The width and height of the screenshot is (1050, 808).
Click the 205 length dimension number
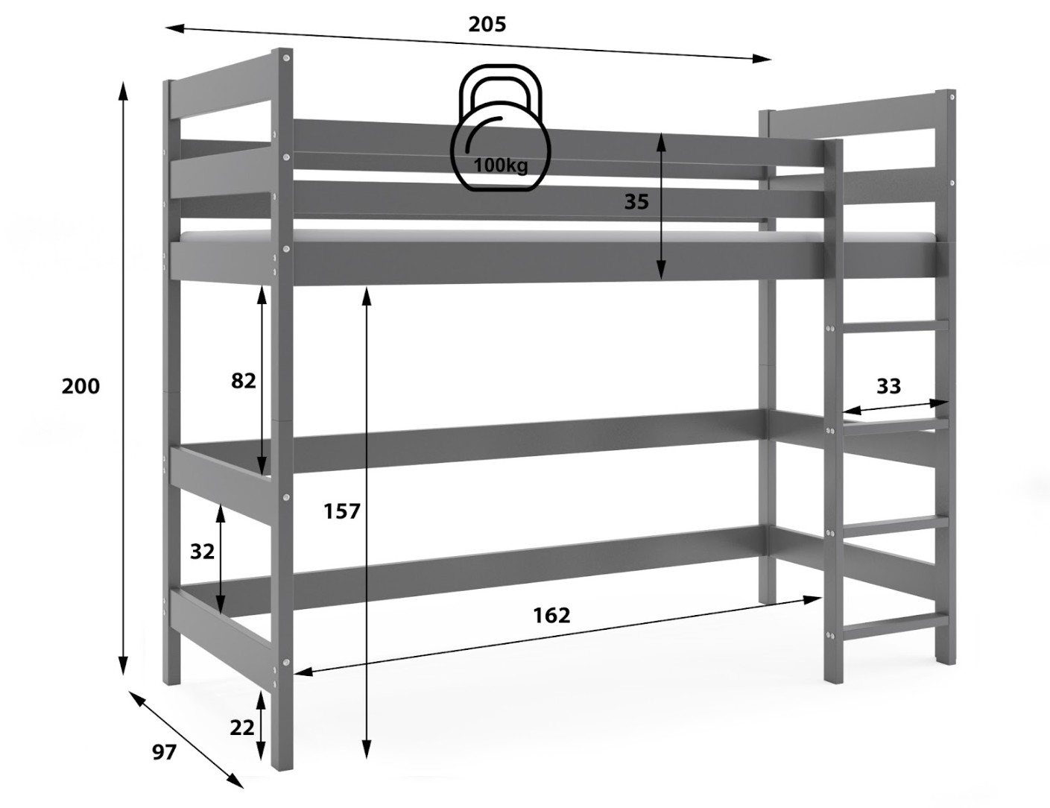[487, 24]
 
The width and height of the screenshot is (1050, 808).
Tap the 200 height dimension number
[80, 387]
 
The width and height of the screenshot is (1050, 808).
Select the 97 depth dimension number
[164, 752]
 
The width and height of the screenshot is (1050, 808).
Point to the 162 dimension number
[551, 615]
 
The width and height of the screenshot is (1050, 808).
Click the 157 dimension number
[341, 511]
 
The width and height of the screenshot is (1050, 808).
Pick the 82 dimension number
[243, 382]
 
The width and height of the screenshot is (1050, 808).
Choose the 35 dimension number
[636, 202]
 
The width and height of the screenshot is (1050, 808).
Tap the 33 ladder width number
[889, 387]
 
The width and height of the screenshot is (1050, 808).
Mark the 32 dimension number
[202, 552]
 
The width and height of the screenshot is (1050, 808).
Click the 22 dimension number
[241, 727]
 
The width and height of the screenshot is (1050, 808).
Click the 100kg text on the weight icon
[501, 165]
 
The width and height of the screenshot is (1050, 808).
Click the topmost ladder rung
[896, 325]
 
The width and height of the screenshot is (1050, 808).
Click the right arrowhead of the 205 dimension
[762, 59]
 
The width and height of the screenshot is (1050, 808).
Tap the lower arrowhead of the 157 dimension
[367, 762]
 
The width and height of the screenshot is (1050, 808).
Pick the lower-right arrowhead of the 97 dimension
[235, 792]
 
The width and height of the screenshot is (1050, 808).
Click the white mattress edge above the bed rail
[556, 237]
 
